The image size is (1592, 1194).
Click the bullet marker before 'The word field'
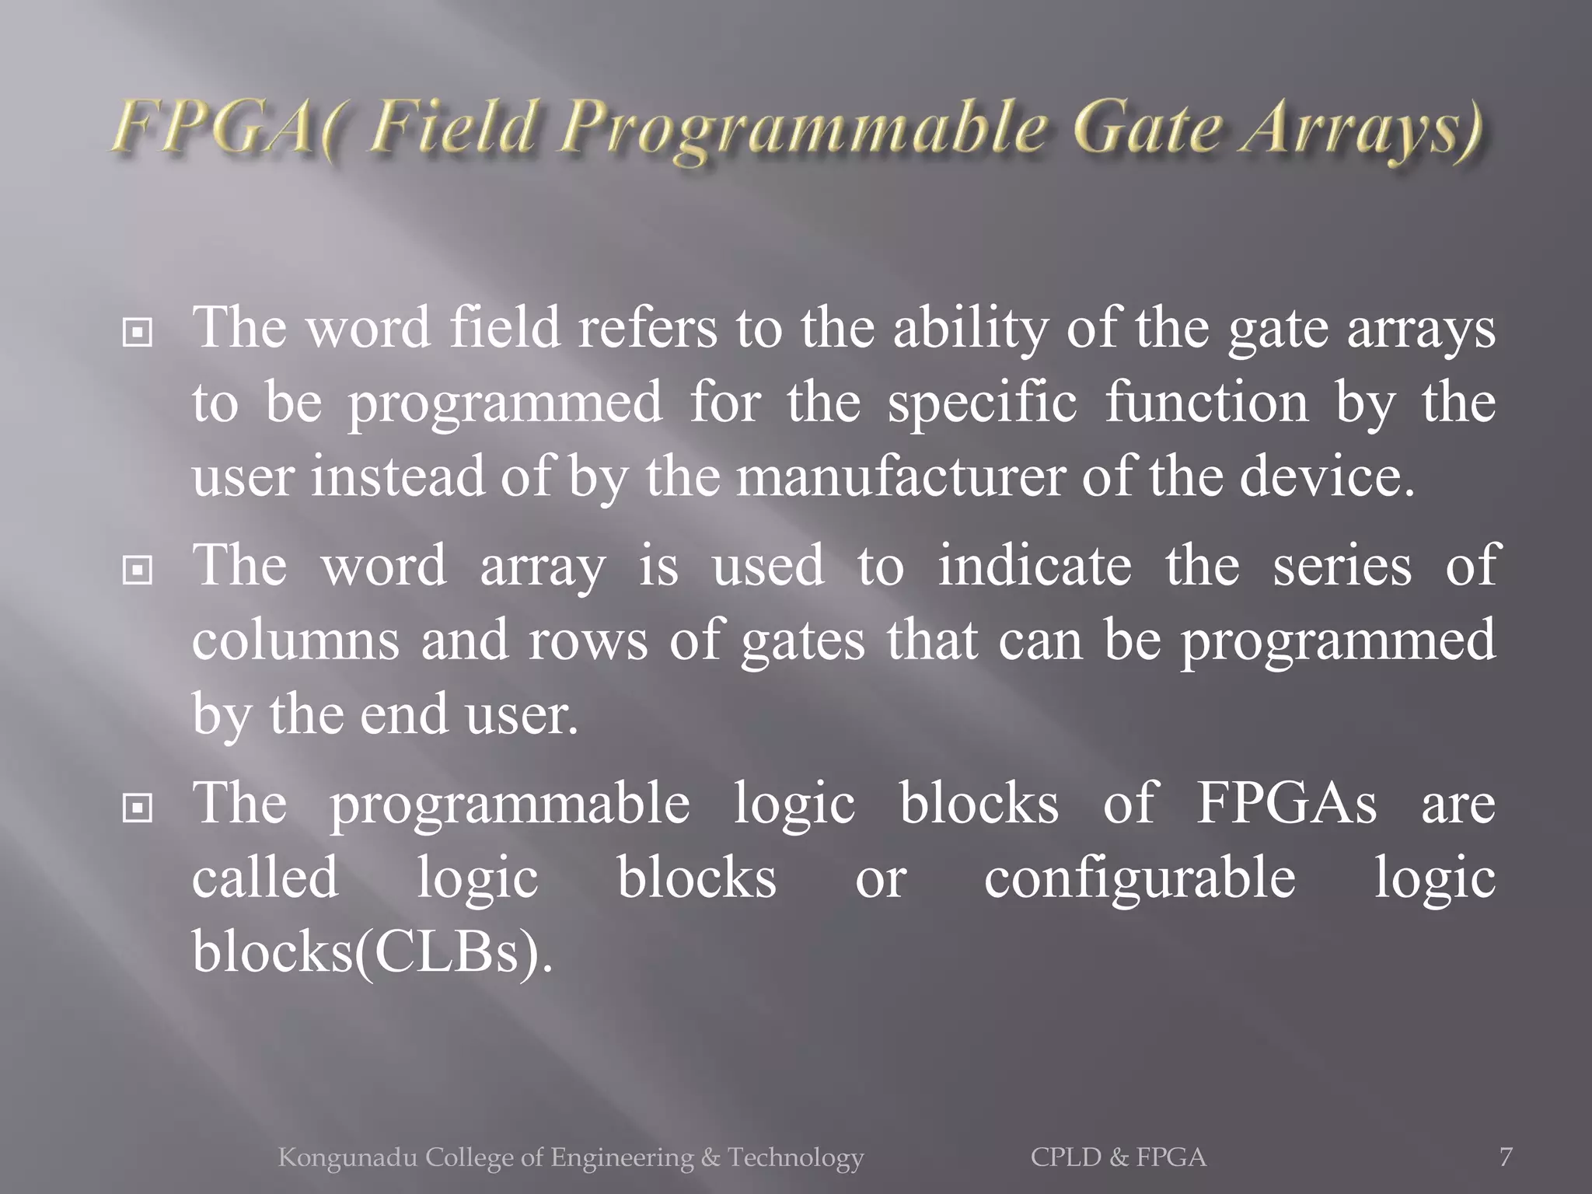coord(138,333)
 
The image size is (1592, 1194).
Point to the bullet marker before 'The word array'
coord(138,571)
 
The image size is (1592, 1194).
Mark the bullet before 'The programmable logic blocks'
coord(138,808)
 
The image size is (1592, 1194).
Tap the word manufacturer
coord(901,477)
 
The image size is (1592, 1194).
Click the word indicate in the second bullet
coord(1035,566)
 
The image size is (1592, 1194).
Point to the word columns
coord(295,641)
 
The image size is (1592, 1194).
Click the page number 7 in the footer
coord(1506,1157)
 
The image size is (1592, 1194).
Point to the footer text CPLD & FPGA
coord(1119,1157)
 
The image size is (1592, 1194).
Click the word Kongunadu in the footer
coord(347,1157)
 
